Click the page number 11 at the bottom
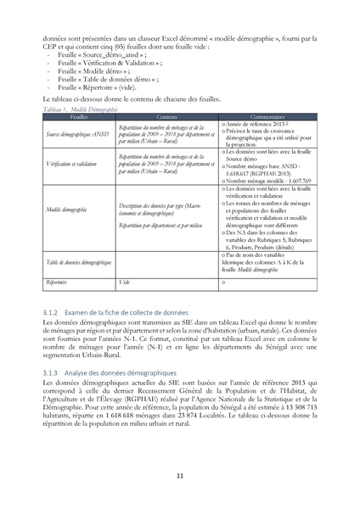(x=180, y=476)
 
